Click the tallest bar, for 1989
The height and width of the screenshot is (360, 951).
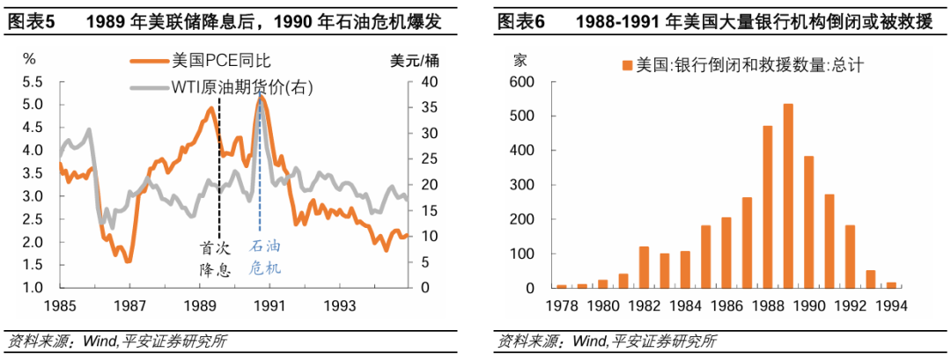788,196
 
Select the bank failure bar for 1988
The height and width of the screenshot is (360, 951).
768,207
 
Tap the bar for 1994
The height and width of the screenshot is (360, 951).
891,284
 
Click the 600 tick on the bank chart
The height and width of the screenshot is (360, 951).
522,82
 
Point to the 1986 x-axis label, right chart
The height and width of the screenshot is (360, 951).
726,306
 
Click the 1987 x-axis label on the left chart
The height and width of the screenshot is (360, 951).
129,306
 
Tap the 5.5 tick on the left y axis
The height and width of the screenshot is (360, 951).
33,82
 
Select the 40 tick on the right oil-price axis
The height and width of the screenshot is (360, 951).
429,82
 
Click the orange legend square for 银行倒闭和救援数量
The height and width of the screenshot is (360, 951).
626,65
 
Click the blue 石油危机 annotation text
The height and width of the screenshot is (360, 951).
266,258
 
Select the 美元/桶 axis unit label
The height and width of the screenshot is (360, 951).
413,61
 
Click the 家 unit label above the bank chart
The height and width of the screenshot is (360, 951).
520,61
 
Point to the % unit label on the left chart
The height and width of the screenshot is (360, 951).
29,61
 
